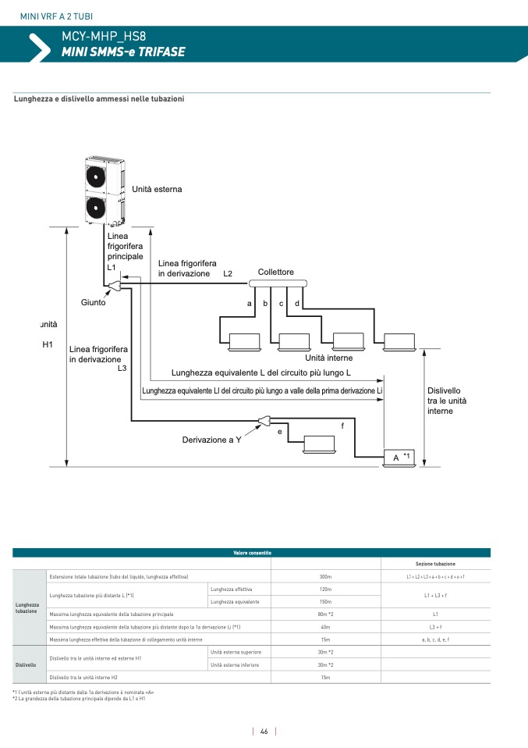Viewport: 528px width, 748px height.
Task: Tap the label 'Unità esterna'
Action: pyautogui.click(x=157, y=189)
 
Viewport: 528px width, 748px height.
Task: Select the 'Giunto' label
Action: pyautogui.click(x=93, y=302)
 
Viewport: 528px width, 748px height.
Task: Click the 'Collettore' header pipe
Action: pyautogui.click(x=277, y=283)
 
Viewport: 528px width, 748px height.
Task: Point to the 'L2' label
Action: pyautogui.click(x=228, y=274)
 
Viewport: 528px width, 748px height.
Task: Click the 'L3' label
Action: pyautogui.click(x=122, y=368)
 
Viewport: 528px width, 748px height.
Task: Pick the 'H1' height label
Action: pyautogui.click(x=47, y=344)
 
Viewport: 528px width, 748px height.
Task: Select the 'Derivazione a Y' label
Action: pyautogui.click(x=211, y=440)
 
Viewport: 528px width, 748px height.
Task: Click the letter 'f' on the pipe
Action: pyautogui.click(x=342, y=425)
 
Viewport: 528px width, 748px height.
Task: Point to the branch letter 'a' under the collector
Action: pyautogui.click(x=250, y=303)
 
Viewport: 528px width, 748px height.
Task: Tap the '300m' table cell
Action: pyautogui.click(x=326, y=576)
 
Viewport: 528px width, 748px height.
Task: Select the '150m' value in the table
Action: pyautogui.click(x=326, y=602)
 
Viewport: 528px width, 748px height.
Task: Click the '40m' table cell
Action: pyautogui.click(x=326, y=626)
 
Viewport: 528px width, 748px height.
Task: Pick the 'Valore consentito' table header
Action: pyautogui.click(x=251, y=553)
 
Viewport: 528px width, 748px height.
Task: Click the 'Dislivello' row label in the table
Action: pyautogui.click(x=26, y=664)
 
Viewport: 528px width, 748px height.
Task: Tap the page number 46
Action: pyautogui.click(x=264, y=732)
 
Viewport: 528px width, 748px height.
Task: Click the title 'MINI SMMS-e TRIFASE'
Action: pyautogui.click(x=123, y=52)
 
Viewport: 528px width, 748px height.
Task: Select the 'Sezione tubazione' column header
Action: pyautogui.click(x=435, y=564)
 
